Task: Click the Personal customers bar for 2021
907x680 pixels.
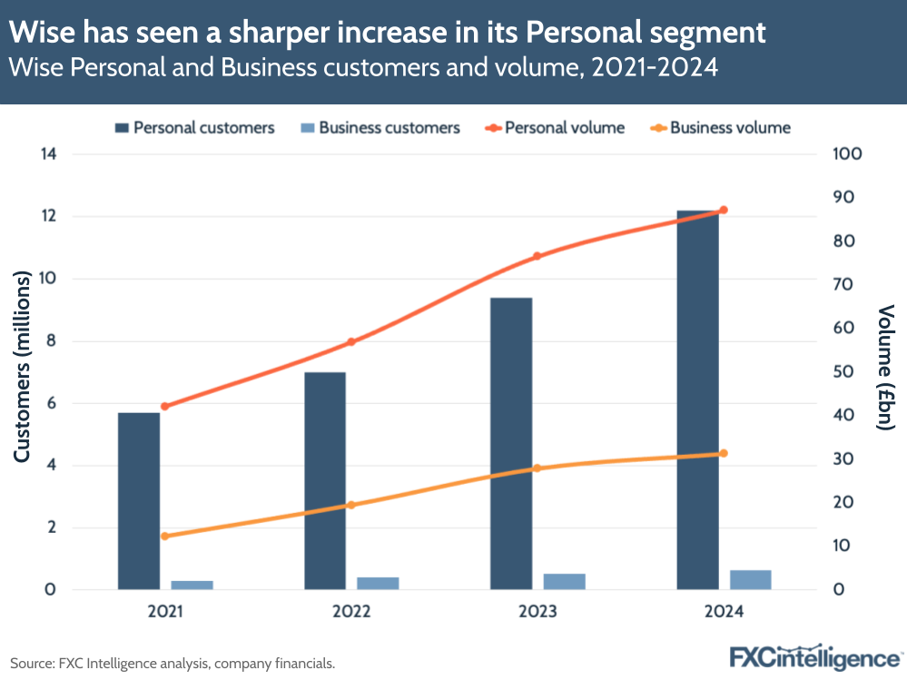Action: click(x=139, y=501)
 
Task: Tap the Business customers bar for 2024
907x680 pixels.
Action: click(x=750, y=579)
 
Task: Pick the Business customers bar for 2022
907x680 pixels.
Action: click(x=378, y=583)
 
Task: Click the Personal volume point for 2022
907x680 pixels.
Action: click(x=350, y=342)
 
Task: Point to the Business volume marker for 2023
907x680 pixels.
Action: click(x=537, y=468)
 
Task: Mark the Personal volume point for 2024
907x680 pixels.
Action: click(x=723, y=211)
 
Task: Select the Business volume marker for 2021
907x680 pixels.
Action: click(x=164, y=537)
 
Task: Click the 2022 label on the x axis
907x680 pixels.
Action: click(x=350, y=613)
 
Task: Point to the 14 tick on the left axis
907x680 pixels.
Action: click(x=48, y=154)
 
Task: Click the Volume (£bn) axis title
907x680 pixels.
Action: click(x=886, y=368)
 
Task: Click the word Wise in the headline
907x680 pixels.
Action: click(x=43, y=34)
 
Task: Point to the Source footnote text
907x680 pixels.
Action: click(x=173, y=664)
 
